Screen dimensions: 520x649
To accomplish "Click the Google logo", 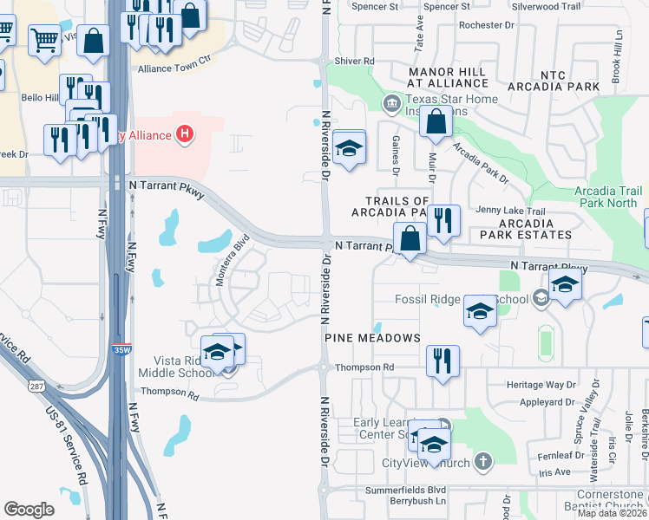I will (29, 509).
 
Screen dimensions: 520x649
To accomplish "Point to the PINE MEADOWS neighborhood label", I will (372, 337).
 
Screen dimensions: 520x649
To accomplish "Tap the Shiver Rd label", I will (354, 62).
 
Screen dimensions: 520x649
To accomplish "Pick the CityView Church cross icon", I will (483, 462).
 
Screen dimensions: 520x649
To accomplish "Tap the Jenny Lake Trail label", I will (510, 211).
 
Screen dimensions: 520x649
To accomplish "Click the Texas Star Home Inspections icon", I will (390, 105).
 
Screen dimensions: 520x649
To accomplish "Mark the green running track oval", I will (545, 342).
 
